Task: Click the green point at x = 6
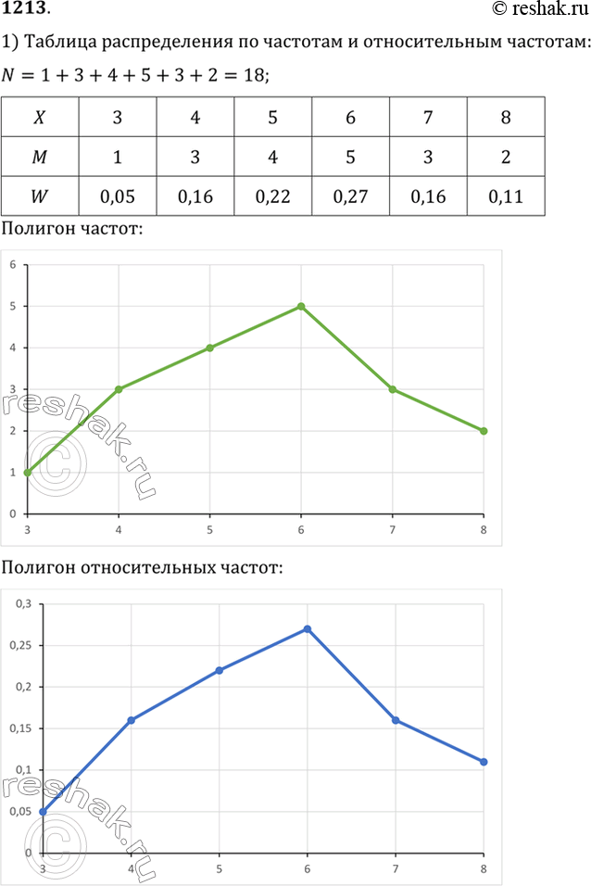click(301, 306)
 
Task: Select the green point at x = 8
click(484, 431)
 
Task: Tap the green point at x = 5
click(210, 348)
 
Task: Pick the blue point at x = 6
click(307, 629)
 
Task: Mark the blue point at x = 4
click(131, 720)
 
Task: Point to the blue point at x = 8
click(484, 762)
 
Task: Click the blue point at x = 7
click(396, 720)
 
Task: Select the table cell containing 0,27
click(351, 196)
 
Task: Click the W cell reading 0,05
click(118, 196)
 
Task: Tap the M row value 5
click(351, 158)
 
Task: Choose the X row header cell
click(40, 119)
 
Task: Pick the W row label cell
click(40, 196)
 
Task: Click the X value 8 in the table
click(506, 119)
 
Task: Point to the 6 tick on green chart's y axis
click(14, 264)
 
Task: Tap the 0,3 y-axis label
click(22, 603)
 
